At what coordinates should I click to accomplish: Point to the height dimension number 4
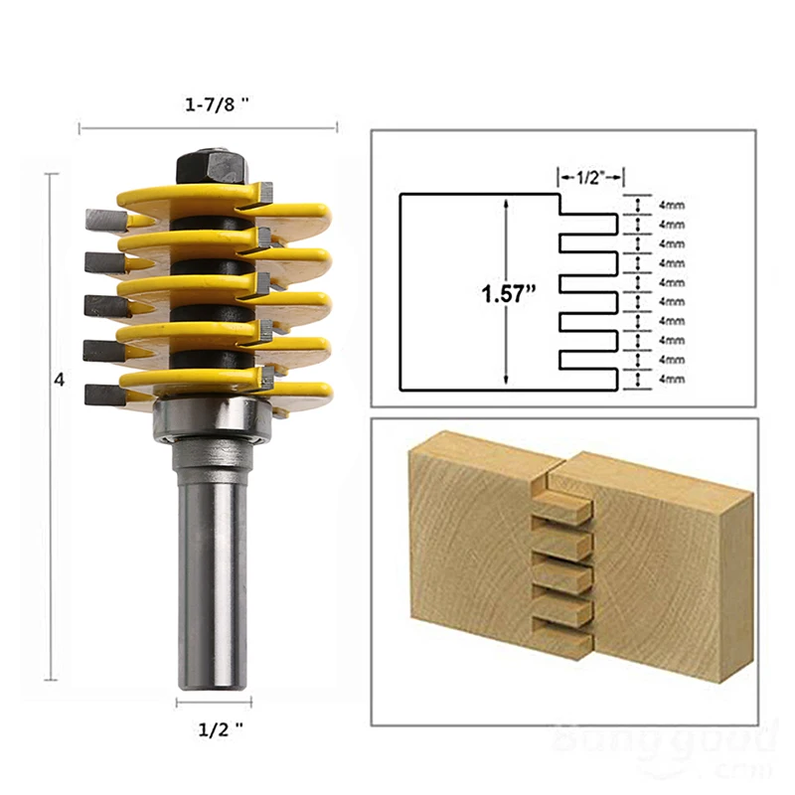(60, 381)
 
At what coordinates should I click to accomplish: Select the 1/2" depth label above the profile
(589, 177)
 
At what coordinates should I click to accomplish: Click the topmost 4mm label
(672, 205)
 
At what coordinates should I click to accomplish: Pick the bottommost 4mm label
(672, 379)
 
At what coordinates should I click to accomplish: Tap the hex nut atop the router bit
(207, 164)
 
